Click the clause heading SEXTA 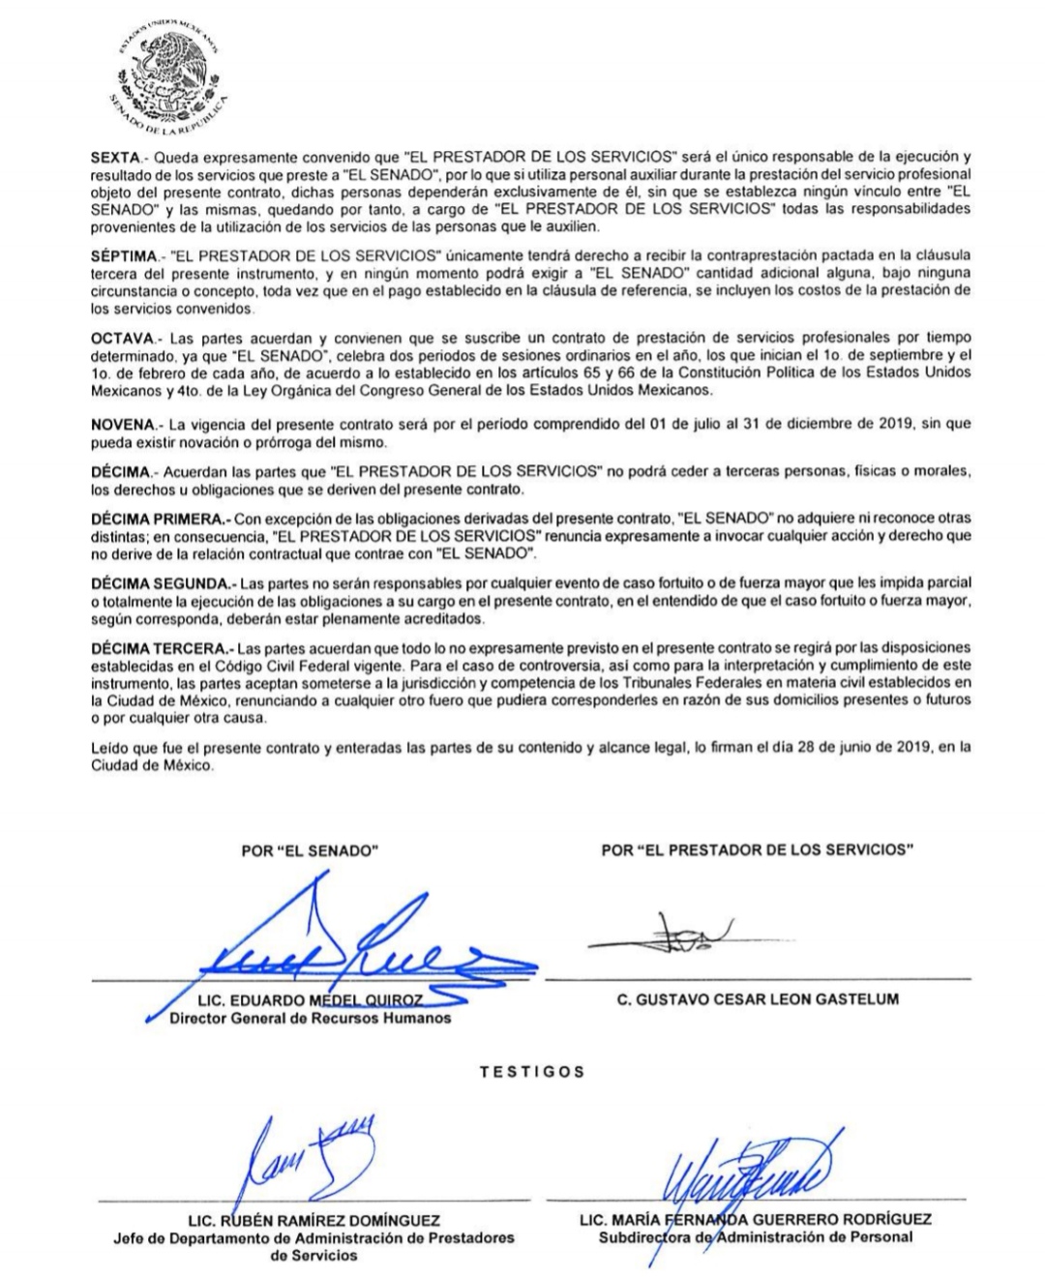pyautogui.click(x=115, y=156)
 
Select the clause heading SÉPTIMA pyautogui.click(x=123, y=254)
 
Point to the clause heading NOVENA pyautogui.click(x=121, y=424)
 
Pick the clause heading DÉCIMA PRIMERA pyautogui.click(x=157, y=519)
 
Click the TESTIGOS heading pyautogui.click(x=532, y=1072)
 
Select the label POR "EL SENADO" pyautogui.click(x=309, y=851)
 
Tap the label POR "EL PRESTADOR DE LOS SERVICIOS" pyautogui.click(x=758, y=850)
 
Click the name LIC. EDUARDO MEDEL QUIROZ pyautogui.click(x=310, y=1000)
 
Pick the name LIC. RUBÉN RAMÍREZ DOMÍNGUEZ pyautogui.click(x=313, y=1221)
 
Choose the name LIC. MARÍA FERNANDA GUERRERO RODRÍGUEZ pyautogui.click(x=755, y=1220)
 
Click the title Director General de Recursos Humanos pyautogui.click(x=310, y=1018)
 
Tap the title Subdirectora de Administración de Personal pyautogui.click(x=755, y=1237)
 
